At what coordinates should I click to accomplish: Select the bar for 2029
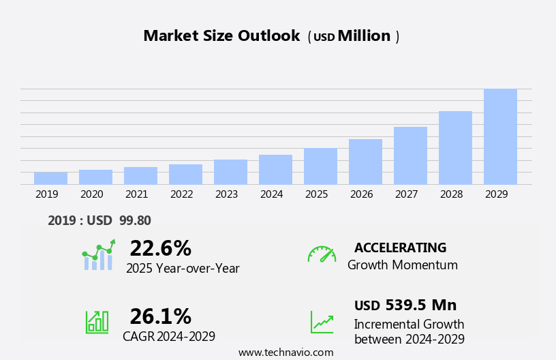(500, 136)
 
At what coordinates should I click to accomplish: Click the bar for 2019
(50, 178)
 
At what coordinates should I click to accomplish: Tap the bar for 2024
(275, 169)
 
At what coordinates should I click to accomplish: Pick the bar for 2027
(410, 155)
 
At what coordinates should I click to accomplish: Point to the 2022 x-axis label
(181, 194)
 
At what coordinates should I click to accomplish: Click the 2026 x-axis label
(361, 194)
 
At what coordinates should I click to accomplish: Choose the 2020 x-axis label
(91, 194)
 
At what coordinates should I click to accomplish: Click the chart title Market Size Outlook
(221, 36)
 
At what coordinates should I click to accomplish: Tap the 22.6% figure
(160, 248)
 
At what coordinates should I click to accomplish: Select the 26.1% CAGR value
(160, 316)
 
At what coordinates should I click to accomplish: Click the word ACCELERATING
(400, 247)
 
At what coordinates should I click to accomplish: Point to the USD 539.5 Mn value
(405, 305)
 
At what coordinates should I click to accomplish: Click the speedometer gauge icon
(322, 254)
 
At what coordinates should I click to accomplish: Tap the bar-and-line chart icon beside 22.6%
(98, 256)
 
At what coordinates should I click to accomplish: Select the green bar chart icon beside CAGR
(97, 321)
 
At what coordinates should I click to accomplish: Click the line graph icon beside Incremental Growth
(322, 322)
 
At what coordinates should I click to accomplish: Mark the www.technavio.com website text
(285, 352)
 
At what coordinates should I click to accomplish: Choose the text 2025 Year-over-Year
(183, 269)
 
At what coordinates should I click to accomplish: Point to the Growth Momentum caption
(402, 265)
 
